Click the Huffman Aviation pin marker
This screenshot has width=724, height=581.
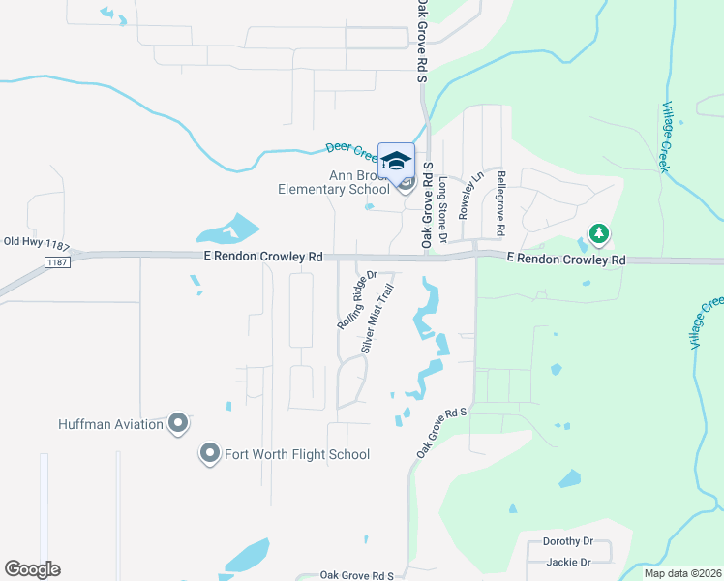coord(178,423)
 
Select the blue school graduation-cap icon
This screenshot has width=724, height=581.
coord(396,161)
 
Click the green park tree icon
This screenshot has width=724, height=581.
coord(599,233)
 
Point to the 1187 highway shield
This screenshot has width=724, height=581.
coord(57,262)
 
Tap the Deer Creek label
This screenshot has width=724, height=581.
coord(350,149)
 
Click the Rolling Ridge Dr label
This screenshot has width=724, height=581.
coord(356,300)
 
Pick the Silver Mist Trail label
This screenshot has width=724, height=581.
coord(378,317)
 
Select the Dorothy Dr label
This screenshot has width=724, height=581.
coord(568,541)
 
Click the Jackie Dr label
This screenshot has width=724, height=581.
coord(568,562)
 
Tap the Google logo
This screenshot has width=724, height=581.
coord(32,569)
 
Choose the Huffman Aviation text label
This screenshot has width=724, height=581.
coord(112,424)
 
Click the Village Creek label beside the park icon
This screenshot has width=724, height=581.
coord(665,137)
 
